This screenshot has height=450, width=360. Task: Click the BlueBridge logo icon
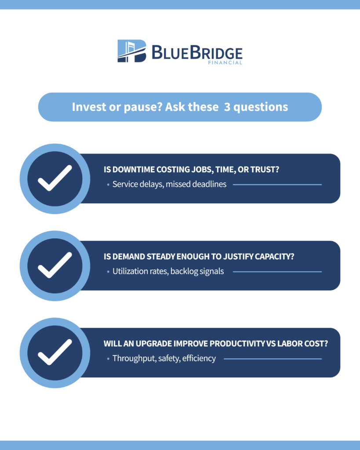pos(132,51)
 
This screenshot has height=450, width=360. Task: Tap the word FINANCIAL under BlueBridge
pos(225,62)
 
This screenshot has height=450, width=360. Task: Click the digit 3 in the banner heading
pos(227,107)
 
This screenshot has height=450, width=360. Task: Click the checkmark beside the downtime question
pos(55,178)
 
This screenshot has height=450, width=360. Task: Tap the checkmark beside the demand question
pos(55,265)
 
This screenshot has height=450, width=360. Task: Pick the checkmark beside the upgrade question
pos(55,352)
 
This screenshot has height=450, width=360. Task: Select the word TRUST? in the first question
pos(265,169)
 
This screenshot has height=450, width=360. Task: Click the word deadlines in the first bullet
pos(209,184)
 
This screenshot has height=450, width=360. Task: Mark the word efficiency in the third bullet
pos(199,359)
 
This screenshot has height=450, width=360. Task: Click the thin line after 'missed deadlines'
pos(277,185)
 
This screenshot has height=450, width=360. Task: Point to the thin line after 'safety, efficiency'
pos(273,359)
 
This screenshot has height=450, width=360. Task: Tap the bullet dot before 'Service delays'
pos(108,185)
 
